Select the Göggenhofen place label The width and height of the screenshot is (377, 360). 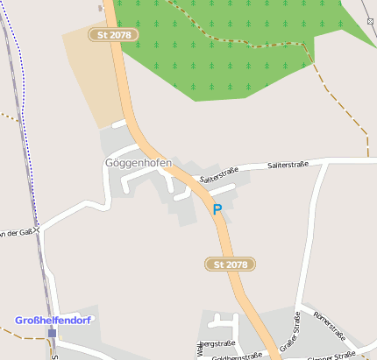click(x=138, y=164)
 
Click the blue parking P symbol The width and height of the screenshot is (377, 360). click(x=217, y=209)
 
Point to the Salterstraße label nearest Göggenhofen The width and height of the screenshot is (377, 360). click(x=218, y=175)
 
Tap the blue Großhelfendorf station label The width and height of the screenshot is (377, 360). click(x=53, y=321)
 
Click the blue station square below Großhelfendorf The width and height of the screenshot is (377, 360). click(x=53, y=333)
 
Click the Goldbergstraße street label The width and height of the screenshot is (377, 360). click(x=237, y=356)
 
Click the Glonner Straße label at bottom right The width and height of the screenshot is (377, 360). click(x=331, y=355)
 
